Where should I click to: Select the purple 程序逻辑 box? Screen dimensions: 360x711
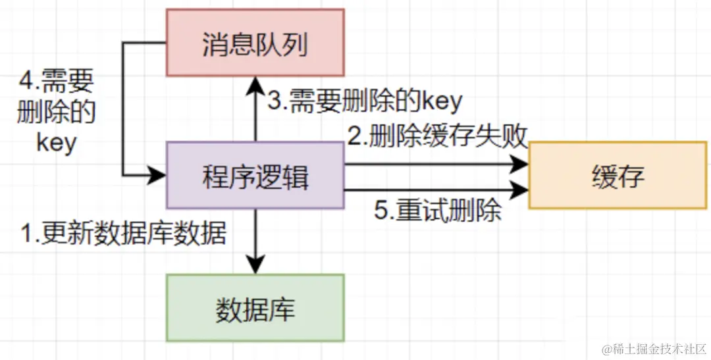(x=255, y=176)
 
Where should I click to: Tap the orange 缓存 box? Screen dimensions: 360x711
(x=617, y=176)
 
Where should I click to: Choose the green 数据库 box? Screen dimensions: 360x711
(x=255, y=308)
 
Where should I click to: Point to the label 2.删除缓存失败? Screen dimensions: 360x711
(x=438, y=136)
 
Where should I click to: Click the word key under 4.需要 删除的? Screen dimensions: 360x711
(x=57, y=143)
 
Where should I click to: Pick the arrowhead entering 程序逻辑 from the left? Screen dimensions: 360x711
(x=158, y=175)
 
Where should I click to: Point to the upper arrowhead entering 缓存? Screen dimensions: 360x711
(x=521, y=165)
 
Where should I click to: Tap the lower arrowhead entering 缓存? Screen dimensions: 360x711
(x=521, y=190)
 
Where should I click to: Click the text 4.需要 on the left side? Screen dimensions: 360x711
(x=57, y=82)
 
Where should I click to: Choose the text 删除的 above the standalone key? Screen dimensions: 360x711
(x=57, y=113)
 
